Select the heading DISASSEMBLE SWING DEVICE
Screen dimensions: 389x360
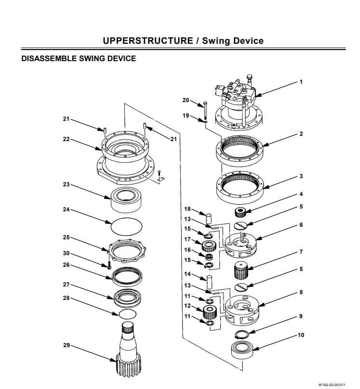tap(79, 59)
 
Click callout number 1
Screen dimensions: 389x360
tap(301, 82)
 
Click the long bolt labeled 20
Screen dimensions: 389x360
tap(205, 111)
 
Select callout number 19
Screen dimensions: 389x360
tap(186, 116)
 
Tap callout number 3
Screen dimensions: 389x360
tap(301, 176)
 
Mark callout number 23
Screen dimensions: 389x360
tap(66, 184)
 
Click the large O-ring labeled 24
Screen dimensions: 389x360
tap(127, 225)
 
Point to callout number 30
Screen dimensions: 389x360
tap(66, 253)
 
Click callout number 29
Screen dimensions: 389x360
tap(66, 345)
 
